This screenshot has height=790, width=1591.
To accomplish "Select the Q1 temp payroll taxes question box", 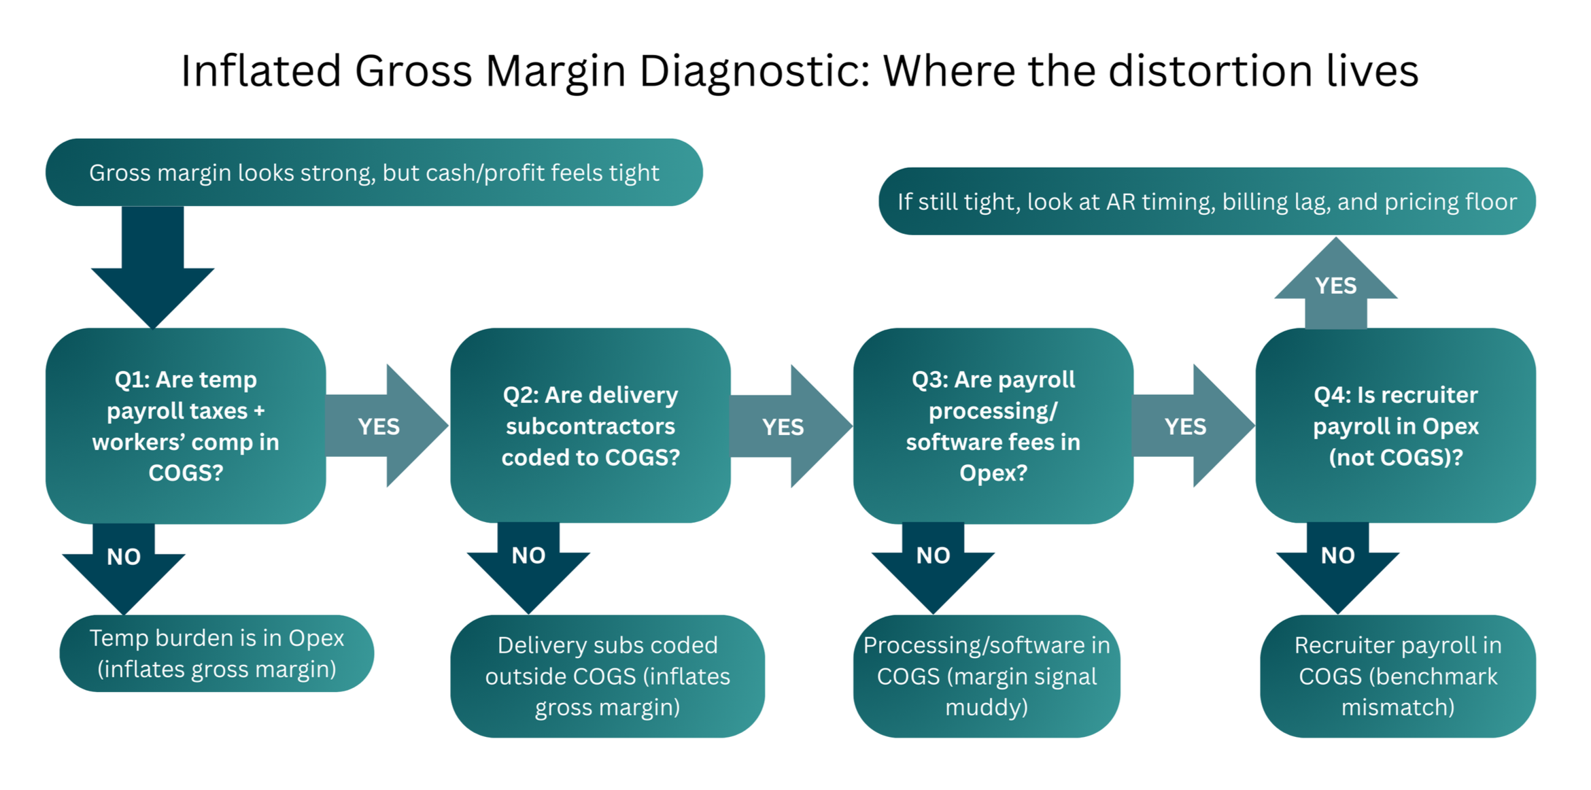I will [x=186, y=426].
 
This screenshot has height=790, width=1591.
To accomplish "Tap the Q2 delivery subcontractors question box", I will [x=590, y=426].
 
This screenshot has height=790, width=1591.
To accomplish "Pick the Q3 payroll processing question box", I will [x=993, y=426].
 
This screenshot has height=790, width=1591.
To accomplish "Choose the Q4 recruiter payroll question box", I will [x=1395, y=426].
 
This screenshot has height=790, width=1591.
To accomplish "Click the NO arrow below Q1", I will [x=124, y=564].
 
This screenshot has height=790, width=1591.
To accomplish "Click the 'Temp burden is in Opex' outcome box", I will [x=216, y=653].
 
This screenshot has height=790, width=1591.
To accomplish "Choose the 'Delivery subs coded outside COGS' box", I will [x=607, y=676].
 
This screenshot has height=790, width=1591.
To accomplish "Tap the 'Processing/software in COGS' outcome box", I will [x=986, y=676].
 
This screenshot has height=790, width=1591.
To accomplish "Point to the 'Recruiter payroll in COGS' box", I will [x=1397, y=676].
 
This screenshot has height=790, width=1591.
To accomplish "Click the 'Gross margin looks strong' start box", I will [x=374, y=173].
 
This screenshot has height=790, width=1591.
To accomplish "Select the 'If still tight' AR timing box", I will [x=1207, y=201].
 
